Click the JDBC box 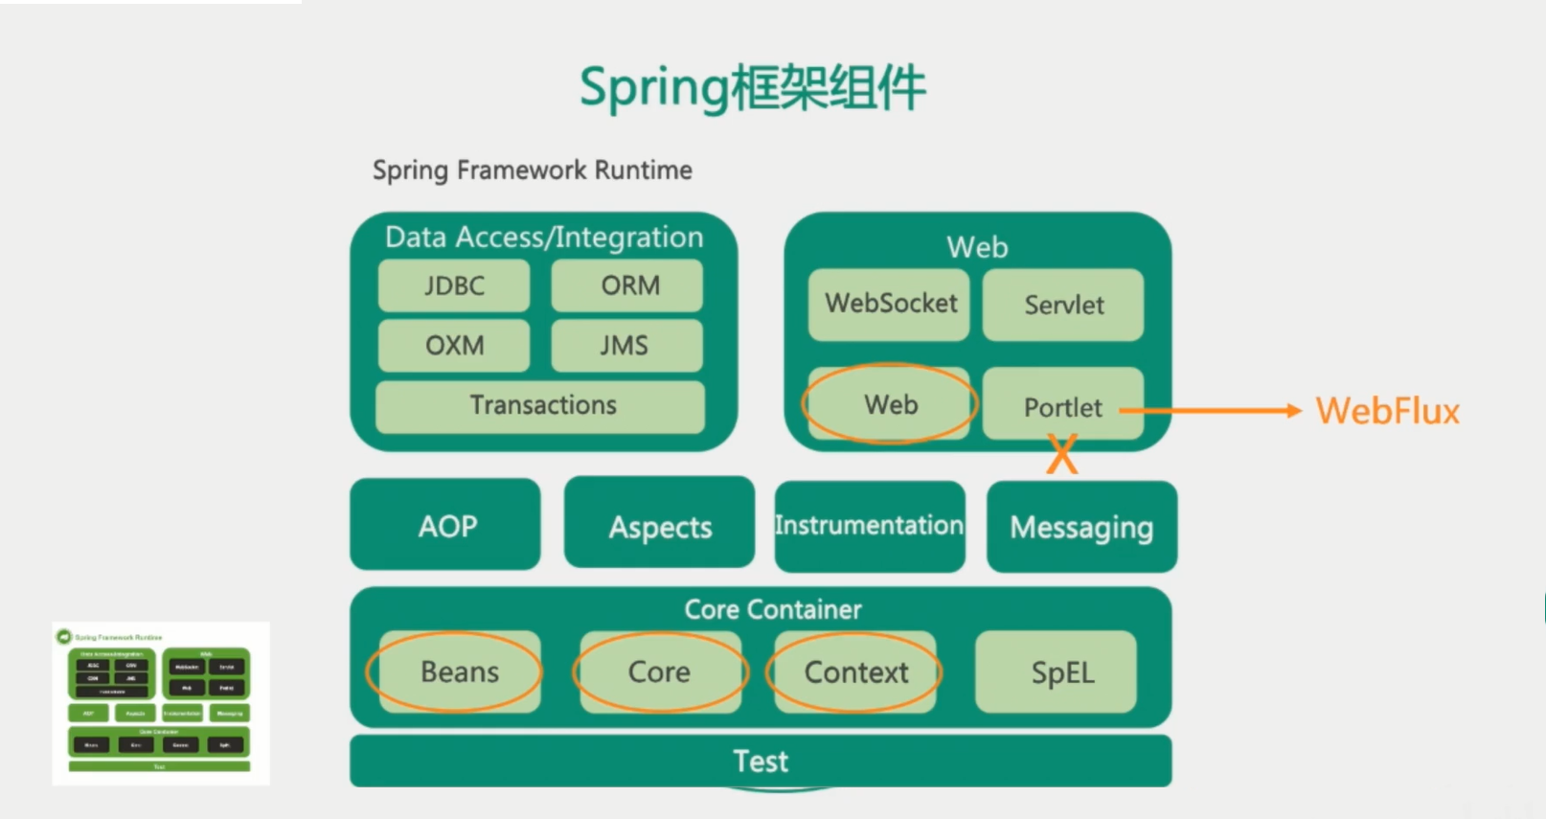pos(454,285)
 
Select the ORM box pos(627,285)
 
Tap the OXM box pos(454,345)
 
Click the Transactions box pos(541,405)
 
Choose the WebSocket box pos(889,304)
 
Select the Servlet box pos(1063,305)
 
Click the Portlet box pos(1061,406)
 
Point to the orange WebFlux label pos(1387,411)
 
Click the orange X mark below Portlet pos(1061,454)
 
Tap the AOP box pos(445,525)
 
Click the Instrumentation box pos(870,526)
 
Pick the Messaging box pos(1081,527)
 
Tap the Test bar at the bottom pos(761,762)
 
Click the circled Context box pos(855,671)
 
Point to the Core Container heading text pos(772,609)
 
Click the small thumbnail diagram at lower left pos(160,704)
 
